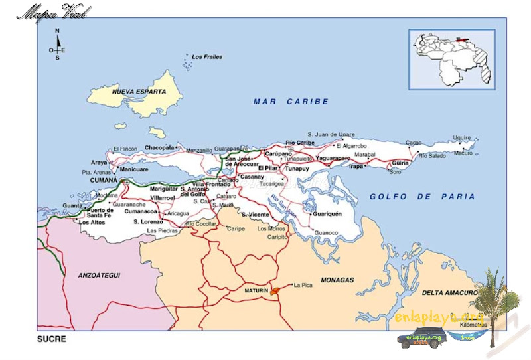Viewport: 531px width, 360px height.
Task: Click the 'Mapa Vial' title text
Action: pyautogui.click(x=50, y=12)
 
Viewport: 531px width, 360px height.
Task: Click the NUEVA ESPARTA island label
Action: pyautogui.click(x=138, y=92)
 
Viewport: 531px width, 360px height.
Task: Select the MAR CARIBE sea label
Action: pyautogui.click(x=291, y=102)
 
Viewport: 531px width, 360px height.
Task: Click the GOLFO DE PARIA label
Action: pyautogui.click(x=422, y=197)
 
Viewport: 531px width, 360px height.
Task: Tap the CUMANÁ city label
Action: pyautogui.click(x=104, y=180)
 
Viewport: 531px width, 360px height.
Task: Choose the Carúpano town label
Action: pyautogui.click(x=278, y=153)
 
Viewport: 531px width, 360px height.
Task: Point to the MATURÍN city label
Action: pyautogui.click(x=256, y=291)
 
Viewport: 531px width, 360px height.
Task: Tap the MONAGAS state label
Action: pyautogui.click(x=339, y=280)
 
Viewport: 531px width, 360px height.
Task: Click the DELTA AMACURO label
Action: pyautogui.click(x=449, y=292)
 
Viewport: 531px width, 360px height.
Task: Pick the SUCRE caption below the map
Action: pyautogui.click(x=52, y=338)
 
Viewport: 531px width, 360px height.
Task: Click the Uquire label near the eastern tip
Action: pyautogui.click(x=462, y=138)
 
